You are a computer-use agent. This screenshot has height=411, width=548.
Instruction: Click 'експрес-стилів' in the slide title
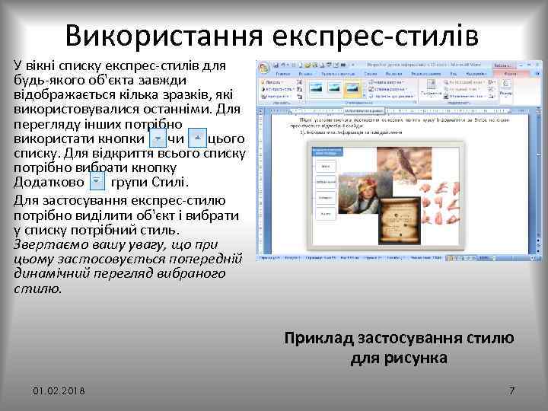[x=381, y=35]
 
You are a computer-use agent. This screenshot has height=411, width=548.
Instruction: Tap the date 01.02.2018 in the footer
[x=59, y=390]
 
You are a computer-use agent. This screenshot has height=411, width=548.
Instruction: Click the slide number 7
[x=511, y=390]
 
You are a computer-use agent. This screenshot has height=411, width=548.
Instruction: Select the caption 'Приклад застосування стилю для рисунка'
[x=399, y=347]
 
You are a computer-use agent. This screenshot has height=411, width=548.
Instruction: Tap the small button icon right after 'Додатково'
[x=97, y=182]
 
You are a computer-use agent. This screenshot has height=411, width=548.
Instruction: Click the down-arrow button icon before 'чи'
[x=158, y=139]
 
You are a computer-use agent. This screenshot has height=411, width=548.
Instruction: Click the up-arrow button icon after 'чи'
[x=196, y=139]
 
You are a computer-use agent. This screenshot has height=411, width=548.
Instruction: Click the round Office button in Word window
[x=263, y=67]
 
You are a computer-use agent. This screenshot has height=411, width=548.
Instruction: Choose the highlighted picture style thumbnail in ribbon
[x=352, y=89]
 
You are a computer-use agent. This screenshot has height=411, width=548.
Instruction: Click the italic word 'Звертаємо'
[x=48, y=244]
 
